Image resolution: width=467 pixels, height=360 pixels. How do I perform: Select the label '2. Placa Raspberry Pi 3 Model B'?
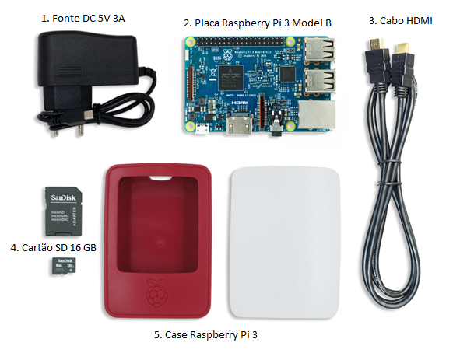click(x=257, y=23)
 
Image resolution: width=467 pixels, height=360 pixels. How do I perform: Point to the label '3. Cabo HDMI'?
click(x=400, y=20)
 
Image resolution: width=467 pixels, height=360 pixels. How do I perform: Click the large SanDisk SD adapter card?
click(x=59, y=209)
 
